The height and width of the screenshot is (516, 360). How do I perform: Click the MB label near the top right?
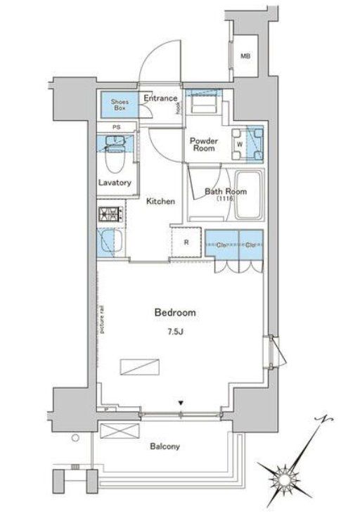(245, 57)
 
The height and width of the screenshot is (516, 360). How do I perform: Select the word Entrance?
(160, 98)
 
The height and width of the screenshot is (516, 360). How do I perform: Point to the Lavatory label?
(115, 183)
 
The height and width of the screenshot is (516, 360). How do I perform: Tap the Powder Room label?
(203, 145)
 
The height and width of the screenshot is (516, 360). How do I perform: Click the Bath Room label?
(225, 191)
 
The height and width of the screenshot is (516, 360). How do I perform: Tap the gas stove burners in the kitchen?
(111, 215)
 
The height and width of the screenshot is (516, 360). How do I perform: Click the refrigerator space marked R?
(186, 243)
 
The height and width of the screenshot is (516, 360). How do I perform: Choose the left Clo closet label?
(221, 245)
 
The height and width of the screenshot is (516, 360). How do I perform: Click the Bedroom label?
(175, 312)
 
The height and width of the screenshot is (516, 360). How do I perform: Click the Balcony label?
(165, 446)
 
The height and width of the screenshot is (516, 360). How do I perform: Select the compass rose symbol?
(285, 478)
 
